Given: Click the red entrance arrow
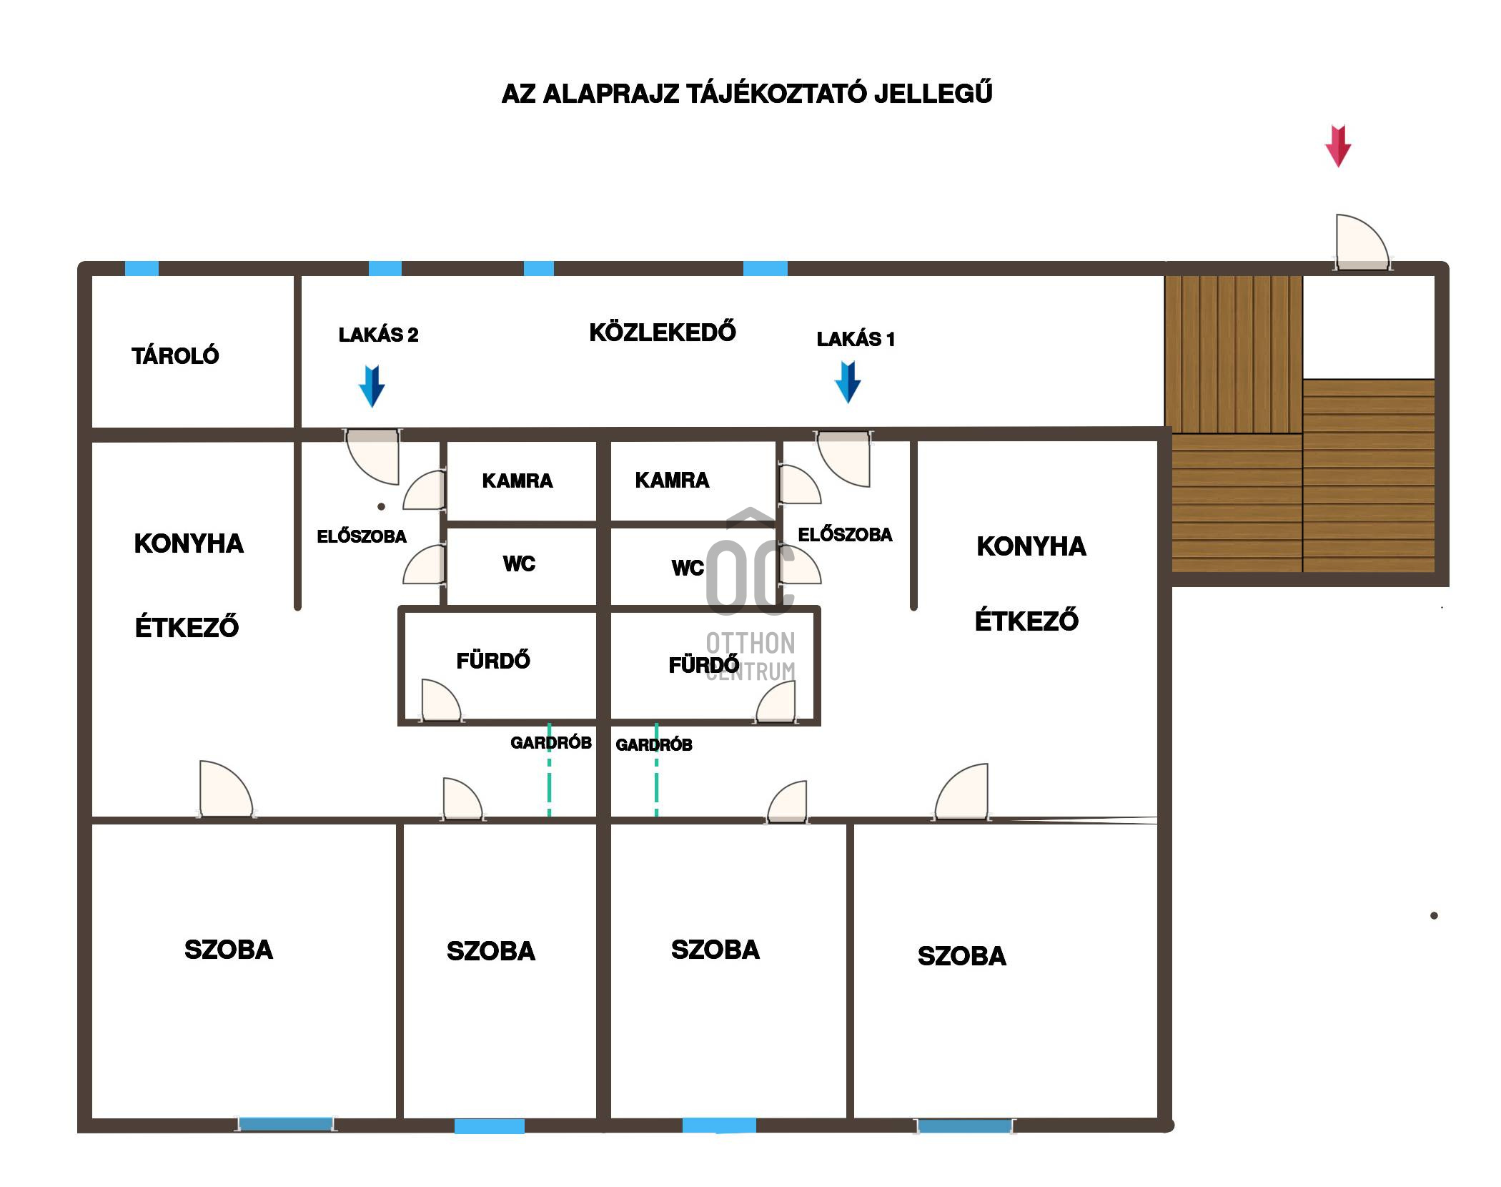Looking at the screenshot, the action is click(1337, 146).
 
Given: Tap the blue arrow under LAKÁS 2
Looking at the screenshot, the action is click(372, 386).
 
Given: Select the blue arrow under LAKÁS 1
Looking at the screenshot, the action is click(848, 383).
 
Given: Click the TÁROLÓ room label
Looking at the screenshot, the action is click(175, 355).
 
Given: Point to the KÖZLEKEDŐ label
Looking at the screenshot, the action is click(663, 333).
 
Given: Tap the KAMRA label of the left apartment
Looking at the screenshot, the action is click(517, 481).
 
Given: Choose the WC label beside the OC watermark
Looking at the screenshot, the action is click(688, 568).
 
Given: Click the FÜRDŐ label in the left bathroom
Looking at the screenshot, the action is click(493, 660).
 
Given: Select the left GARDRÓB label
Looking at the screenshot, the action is click(551, 743).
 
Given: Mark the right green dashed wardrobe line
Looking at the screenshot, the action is click(657, 770).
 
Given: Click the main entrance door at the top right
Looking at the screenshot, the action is click(1362, 243).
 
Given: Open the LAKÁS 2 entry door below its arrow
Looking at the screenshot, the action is click(372, 456).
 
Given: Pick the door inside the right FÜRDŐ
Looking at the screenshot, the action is click(776, 701).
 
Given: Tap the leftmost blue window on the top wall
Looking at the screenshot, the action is click(142, 269).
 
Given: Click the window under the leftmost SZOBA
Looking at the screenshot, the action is click(285, 1125).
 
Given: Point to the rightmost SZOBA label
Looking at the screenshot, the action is click(961, 956).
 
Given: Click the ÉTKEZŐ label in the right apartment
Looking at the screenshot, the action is click(1026, 621).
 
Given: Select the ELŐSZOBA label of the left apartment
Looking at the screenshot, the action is click(362, 536).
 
